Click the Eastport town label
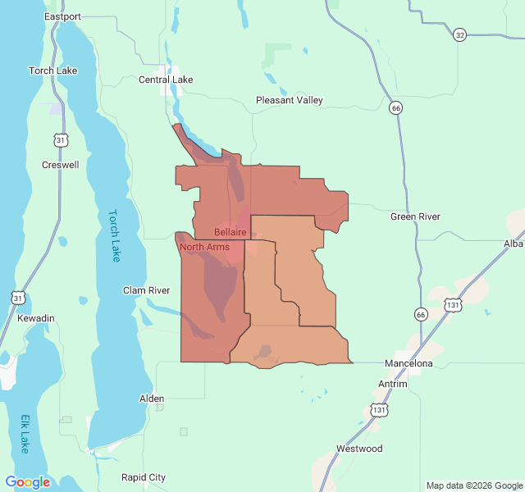pos(62,16)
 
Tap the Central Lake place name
pos(166,80)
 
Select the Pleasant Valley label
pos(289,100)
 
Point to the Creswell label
pos(61,165)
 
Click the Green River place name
pos(415,216)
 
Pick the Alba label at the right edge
pos(514,244)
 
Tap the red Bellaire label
pos(231,233)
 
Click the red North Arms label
pos(204,247)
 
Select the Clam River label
pos(146,290)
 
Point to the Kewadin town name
pos(35,317)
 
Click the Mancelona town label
pos(409,362)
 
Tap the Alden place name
pos(152,399)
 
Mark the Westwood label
pos(359,449)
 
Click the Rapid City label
pos(144,477)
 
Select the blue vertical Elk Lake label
pos(25,434)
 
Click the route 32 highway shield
pos(459,34)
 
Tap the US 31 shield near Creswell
pos(62,141)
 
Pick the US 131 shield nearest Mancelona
pos(453,304)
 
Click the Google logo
pos(28,482)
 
